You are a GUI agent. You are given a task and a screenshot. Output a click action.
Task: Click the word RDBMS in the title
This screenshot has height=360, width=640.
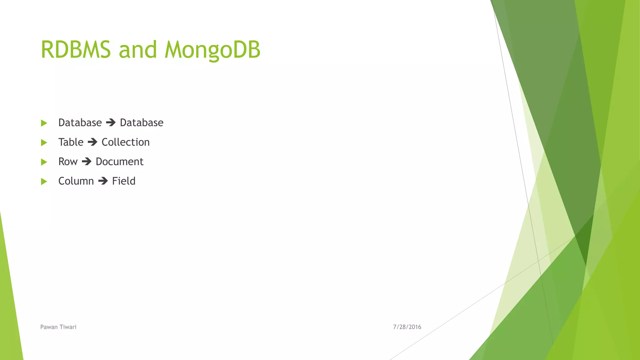pos(76,50)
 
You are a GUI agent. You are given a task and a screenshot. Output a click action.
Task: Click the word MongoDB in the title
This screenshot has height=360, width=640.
pos(212,50)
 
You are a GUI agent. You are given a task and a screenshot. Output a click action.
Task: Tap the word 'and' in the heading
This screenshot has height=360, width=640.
pos(137,50)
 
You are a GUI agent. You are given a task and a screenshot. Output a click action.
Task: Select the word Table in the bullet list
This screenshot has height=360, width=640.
pos(71,142)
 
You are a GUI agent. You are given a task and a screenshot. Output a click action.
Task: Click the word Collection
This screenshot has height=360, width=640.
pos(126,142)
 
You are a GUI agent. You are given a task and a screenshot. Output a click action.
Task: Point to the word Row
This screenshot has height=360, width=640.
pos(68,162)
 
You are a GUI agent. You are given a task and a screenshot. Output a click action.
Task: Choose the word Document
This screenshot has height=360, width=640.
pos(119,162)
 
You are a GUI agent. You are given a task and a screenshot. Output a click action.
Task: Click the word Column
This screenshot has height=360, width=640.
pos(76,181)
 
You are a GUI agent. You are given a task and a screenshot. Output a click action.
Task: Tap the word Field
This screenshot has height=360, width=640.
pos(124,181)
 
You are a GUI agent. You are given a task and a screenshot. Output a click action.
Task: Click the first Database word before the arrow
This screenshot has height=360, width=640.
pos(80,122)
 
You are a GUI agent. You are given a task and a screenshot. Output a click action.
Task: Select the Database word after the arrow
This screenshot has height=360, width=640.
pos(142,122)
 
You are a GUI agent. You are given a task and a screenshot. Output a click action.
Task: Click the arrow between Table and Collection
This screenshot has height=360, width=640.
pos(92,142)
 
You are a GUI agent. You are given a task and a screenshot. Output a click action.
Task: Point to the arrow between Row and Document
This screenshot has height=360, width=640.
pos(87,162)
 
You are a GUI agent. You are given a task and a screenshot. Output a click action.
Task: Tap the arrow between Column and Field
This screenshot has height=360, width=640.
pos(103,181)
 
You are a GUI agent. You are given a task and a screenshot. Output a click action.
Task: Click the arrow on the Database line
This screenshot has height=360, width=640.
pos(111,122)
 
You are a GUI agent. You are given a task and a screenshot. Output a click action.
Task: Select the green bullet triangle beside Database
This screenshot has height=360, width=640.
pos(44,123)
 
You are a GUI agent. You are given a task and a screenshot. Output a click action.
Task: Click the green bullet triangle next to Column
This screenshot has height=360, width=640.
pos(44,182)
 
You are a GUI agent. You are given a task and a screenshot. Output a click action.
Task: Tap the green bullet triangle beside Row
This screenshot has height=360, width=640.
pos(44,162)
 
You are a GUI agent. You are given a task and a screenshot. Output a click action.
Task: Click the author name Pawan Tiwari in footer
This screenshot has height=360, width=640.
pos(58,327)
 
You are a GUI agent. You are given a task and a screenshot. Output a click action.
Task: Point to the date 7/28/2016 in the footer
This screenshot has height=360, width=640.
pos(407,327)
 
